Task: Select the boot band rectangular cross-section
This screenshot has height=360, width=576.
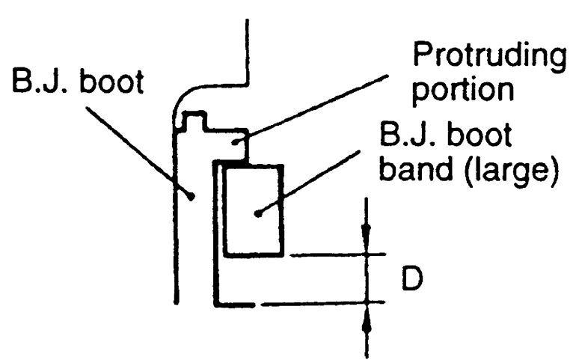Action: tap(254, 210)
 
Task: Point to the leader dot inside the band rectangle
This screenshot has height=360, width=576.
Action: tap(257, 213)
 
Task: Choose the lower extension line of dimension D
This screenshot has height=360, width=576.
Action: tap(322, 303)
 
